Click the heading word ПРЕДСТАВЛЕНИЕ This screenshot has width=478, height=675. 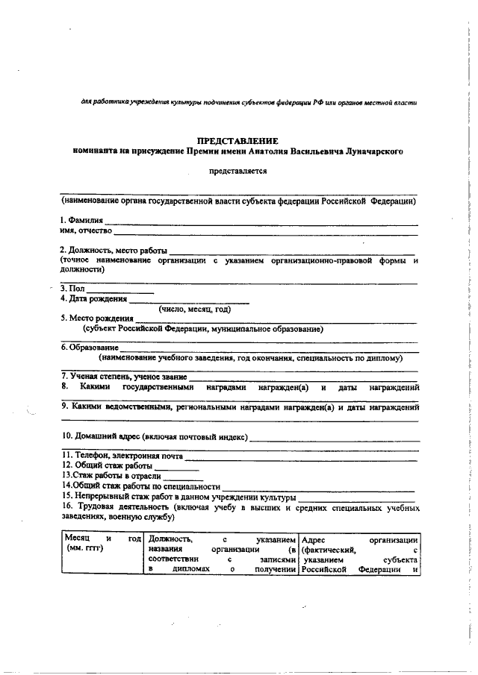click(x=238, y=140)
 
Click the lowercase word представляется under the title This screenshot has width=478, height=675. click(x=238, y=170)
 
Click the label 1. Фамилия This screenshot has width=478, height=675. click(x=81, y=221)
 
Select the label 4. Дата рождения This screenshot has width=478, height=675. click(x=93, y=299)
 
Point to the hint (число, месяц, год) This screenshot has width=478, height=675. click(x=193, y=309)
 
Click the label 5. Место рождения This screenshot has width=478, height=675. click(x=96, y=318)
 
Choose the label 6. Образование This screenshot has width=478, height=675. click(x=89, y=348)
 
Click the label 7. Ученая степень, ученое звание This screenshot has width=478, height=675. click(x=123, y=376)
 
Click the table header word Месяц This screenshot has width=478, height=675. click(x=78, y=538)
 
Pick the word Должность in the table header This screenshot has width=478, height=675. click(x=171, y=538)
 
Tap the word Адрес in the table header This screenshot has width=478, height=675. click(x=314, y=538)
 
